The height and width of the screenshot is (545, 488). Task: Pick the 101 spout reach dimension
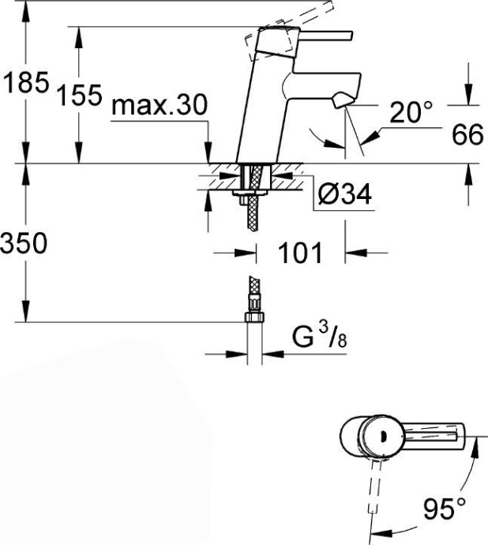click(x=301, y=254)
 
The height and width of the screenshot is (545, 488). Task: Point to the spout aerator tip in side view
click(x=342, y=100)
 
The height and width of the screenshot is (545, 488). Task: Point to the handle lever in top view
click(x=434, y=436)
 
